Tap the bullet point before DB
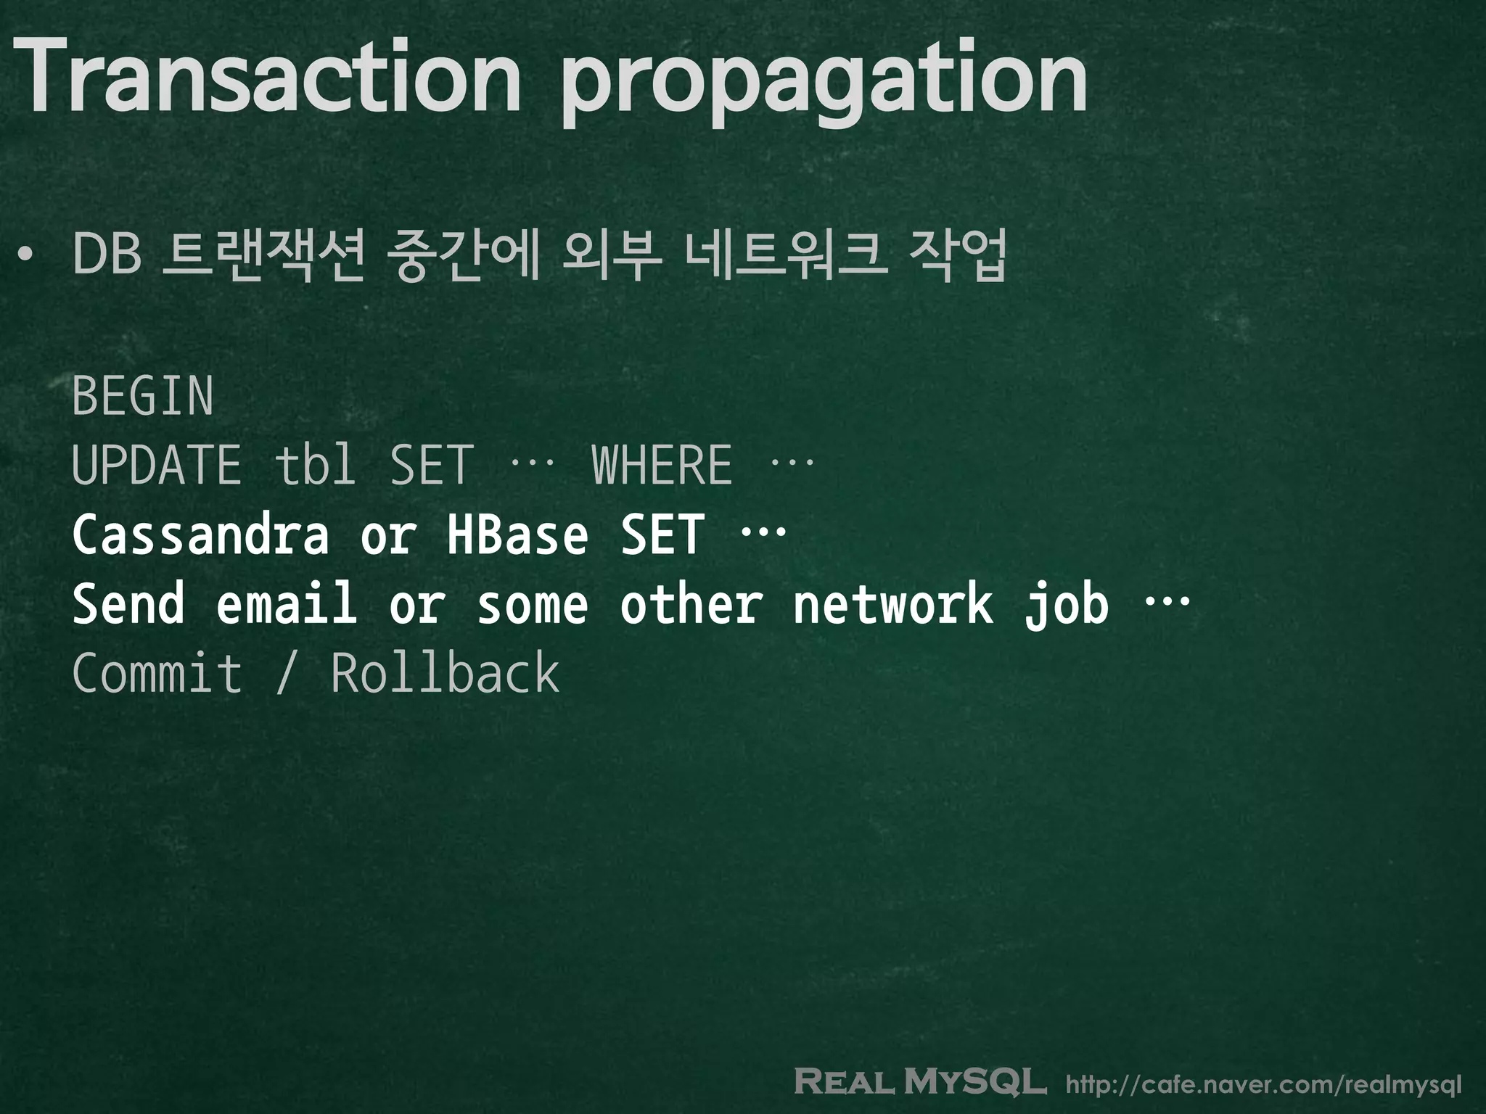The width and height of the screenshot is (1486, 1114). (x=26, y=256)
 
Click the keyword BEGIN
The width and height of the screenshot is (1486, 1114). (x=143, y=396)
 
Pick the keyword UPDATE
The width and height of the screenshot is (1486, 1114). (x=157, y=465)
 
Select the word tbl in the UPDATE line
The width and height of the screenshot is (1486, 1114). (x=315, y=465)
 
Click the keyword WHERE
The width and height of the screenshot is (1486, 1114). (x=662, y=465)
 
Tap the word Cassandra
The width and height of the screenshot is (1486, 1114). (x=200, y=535)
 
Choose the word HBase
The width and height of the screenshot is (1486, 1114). (x=517, y=535)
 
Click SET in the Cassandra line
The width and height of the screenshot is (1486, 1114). (x=662, y=535)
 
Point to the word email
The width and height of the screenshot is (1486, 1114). (x=287, y=603)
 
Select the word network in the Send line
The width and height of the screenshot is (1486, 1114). (x=892, y=603)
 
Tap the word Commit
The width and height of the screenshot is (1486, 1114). (x=157, y=673)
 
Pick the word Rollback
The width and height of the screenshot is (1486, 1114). (x=446, y=673)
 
